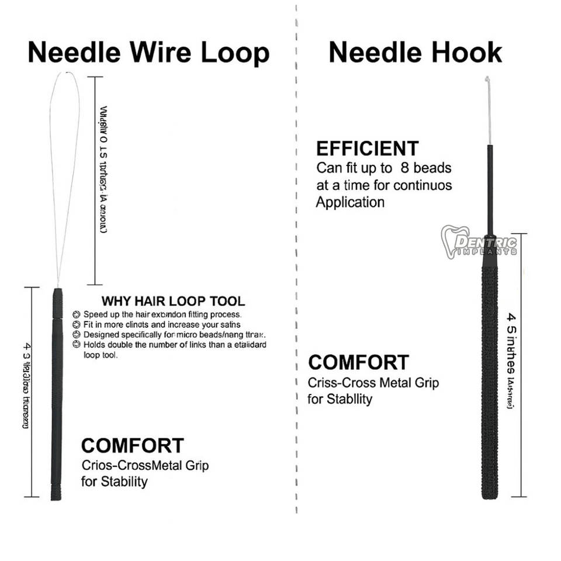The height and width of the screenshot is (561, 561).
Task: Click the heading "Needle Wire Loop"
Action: point(148,53)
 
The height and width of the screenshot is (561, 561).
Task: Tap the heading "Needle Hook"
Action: point(415,53)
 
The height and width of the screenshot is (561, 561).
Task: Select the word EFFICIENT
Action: point(368,148)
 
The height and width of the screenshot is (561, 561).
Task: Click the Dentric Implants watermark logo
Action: point(479,241)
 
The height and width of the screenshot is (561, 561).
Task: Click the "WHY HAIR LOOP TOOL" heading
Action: point(173,302)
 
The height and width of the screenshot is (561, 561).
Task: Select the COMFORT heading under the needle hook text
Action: point(358,362)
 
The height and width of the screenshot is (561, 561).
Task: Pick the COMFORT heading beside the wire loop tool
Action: point(132,446)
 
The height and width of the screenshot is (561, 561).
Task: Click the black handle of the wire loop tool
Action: point(57,397)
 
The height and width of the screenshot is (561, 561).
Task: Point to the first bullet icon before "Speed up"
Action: point(76,314)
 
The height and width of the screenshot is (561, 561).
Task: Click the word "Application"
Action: point(350,203)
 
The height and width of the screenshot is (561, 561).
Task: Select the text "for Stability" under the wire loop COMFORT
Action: point(114,482)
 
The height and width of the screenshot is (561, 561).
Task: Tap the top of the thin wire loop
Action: point(65,73)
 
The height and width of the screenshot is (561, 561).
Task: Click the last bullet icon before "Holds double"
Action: point(76,345)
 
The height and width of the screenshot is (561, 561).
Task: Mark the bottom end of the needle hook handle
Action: point(490,496)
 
